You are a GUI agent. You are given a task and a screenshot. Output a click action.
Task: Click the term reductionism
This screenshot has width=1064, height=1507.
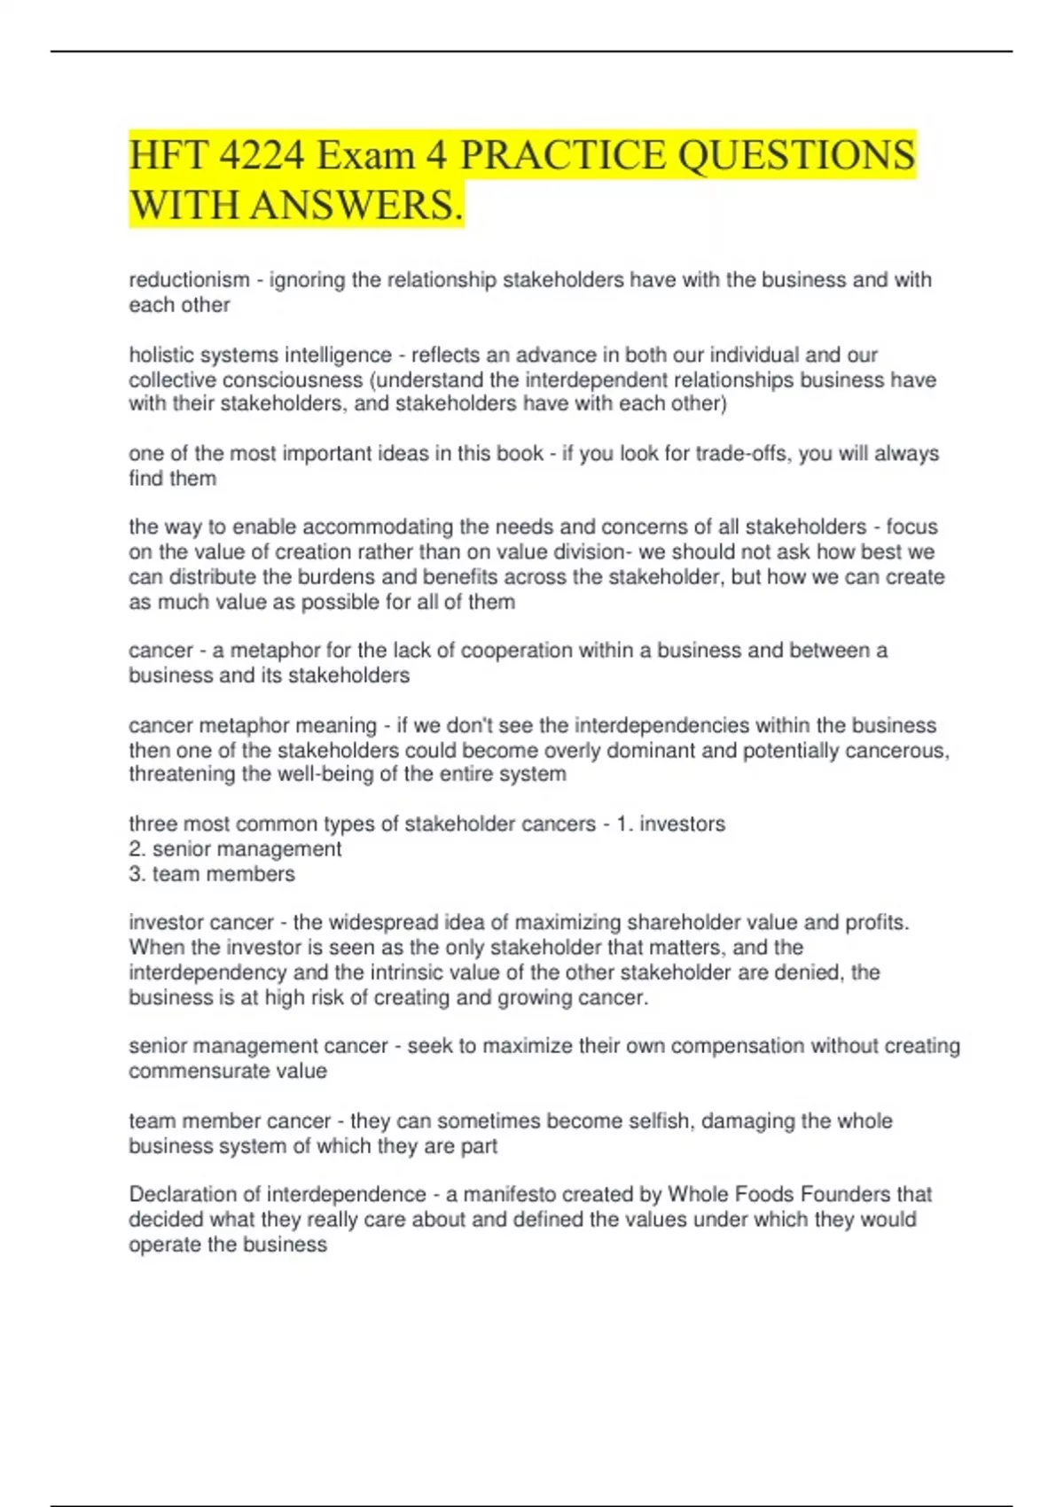click(189, 280)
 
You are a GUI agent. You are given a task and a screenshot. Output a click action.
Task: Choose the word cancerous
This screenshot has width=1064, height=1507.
click(896, 751)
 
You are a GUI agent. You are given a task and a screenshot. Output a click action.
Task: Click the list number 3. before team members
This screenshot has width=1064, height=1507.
click(137, 874)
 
